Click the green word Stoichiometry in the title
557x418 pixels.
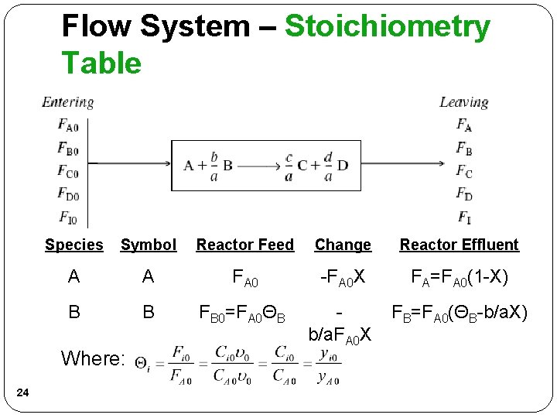point(388,27)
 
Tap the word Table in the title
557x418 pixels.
point(101,63)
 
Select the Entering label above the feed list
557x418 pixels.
point(68,102)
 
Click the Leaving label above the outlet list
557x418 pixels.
point(463,102)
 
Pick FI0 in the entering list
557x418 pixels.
point(67,216)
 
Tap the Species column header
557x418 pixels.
point(73,245)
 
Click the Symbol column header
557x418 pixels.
point(149,245)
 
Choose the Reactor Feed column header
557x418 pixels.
point(244,245)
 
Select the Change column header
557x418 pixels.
point(343,245)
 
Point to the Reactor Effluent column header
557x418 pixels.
point(459,245)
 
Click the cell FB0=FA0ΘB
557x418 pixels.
point(243,313)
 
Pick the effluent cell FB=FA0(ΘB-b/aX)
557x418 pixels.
point(460,313)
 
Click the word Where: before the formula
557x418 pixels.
point(93,358)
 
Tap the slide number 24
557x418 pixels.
point(22,395)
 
